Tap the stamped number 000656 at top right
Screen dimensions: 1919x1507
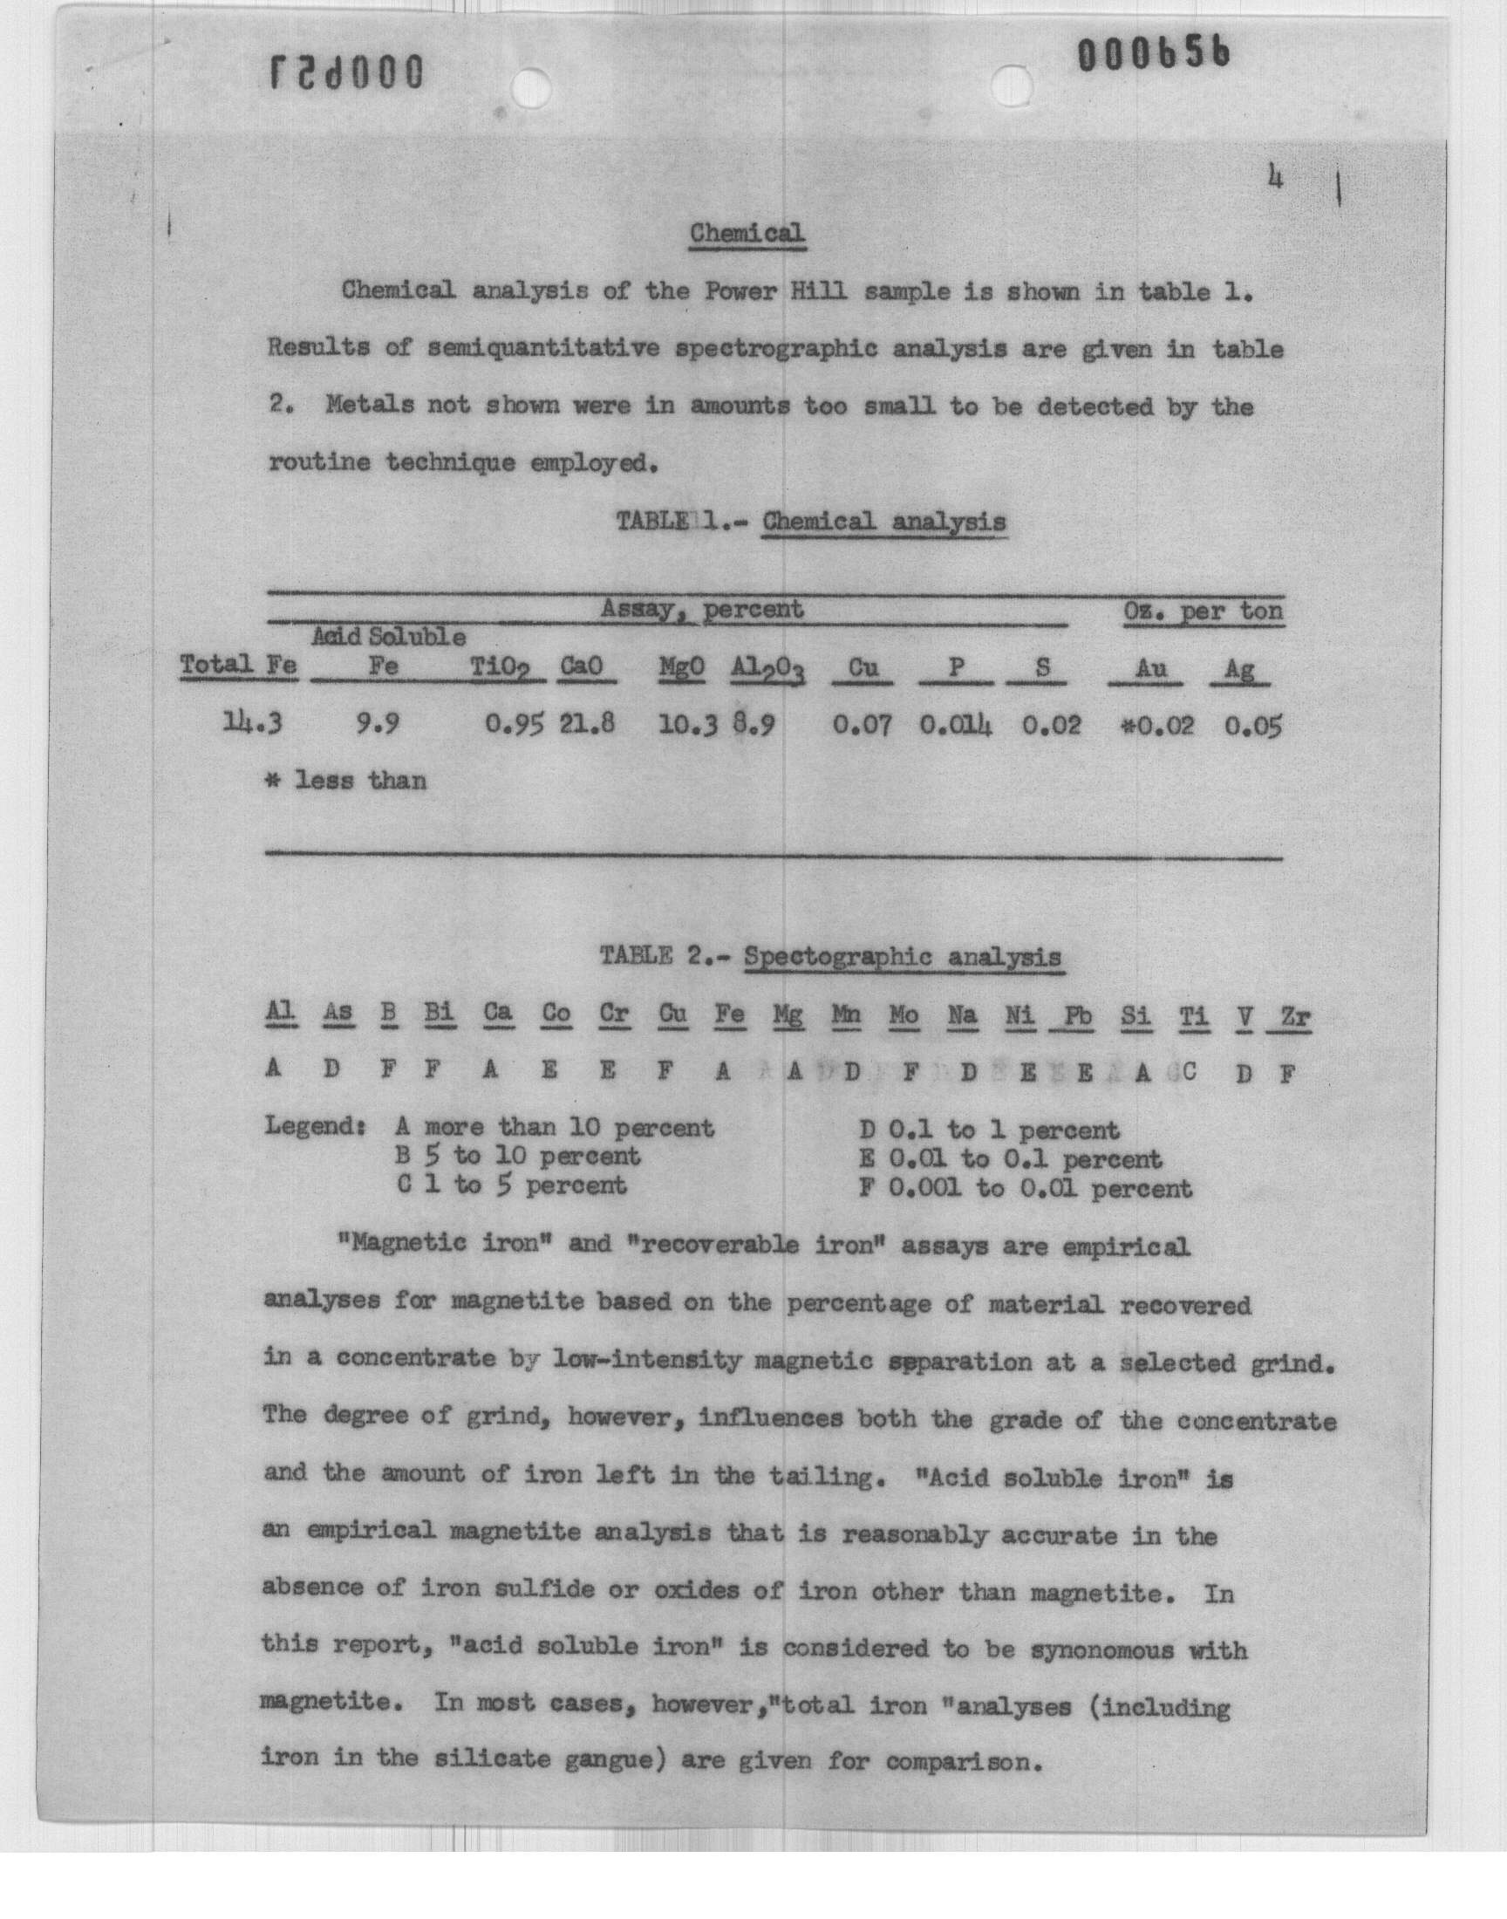1153,57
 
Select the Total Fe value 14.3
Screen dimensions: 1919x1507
252,723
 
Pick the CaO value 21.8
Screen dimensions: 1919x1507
586,723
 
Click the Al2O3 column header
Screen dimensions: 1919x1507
767,670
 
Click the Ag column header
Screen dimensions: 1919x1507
1238,670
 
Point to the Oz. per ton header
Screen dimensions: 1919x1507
1203,611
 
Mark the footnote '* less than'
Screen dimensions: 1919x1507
348,780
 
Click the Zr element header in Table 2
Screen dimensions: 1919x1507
1293,1016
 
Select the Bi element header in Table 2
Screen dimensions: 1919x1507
440,1012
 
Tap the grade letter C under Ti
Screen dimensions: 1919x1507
1189,1072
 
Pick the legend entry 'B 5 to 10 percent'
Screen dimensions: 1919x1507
519,1156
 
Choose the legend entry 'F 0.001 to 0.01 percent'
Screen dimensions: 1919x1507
1026,1187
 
